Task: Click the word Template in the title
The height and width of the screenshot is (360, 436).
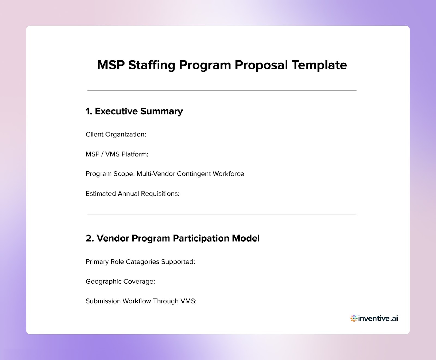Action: pyautogui.click(x=319, y=65)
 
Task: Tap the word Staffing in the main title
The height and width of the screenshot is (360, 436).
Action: pyautogui.click(x=152, y=65)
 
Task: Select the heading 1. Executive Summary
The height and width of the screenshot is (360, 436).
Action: pyautogui.click(x=134, y=111)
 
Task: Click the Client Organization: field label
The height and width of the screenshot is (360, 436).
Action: pyautogui.click(x=116, y=135)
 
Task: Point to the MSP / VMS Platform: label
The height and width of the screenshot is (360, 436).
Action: pyautogui.click(x=117, y=154)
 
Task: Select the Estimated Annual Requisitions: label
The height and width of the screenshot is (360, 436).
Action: pyautogui.click(x=132, y=194)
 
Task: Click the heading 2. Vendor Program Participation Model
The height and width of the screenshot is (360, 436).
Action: pyautogui.click(x=172, y=238)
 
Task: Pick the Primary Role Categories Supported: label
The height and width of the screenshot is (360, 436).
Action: pyautogui.click(x=140, y=262)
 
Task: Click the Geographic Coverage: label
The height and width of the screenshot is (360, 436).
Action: pyautogui.click(x=120, y=281)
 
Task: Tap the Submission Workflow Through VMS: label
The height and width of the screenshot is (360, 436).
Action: pyautogui.click(x=141, y=301)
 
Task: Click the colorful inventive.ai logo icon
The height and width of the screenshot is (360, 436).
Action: pyautogui.click(x=354, y=318)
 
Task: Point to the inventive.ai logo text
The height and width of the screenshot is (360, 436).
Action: pyautogui.click(x=378, y=318)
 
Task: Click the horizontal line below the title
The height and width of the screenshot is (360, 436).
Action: pyautogui.click(x=222, y=90)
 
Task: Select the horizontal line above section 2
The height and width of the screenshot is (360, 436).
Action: pyautogui.click(x=222, y=215)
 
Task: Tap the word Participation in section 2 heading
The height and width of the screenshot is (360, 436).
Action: pyautogui.click(x=201, y=238)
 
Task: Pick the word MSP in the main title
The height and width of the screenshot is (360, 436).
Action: pyautogui.click(x=111, y=65)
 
